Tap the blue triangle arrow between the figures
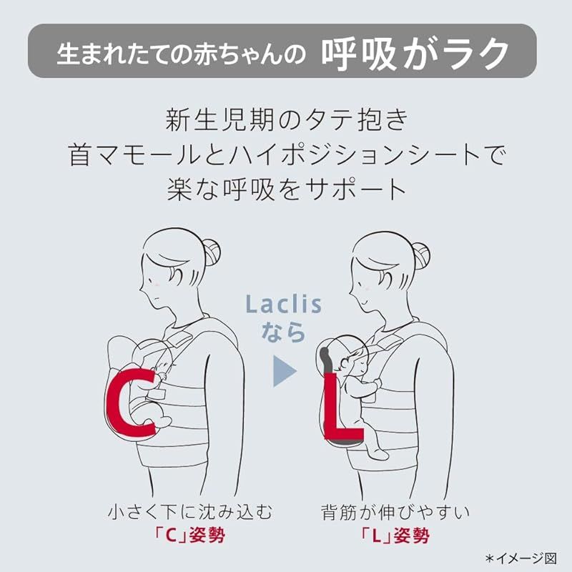pyautogui.click(x=284, y=371)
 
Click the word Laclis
pyautogui.click(x=284, y=305)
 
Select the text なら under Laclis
pyautogui.click(x=284, y=332)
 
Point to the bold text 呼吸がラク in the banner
pyautogui.click(x=415, y=51)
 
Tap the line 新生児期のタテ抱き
pyautogui.click(x=286, y=119)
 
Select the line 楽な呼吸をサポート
pyautogui.click(x=286, y=189)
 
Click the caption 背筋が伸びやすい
pyautogui.click(x=395, y=512)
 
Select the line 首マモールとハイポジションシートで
pyautogui.click(x=286, y=154)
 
